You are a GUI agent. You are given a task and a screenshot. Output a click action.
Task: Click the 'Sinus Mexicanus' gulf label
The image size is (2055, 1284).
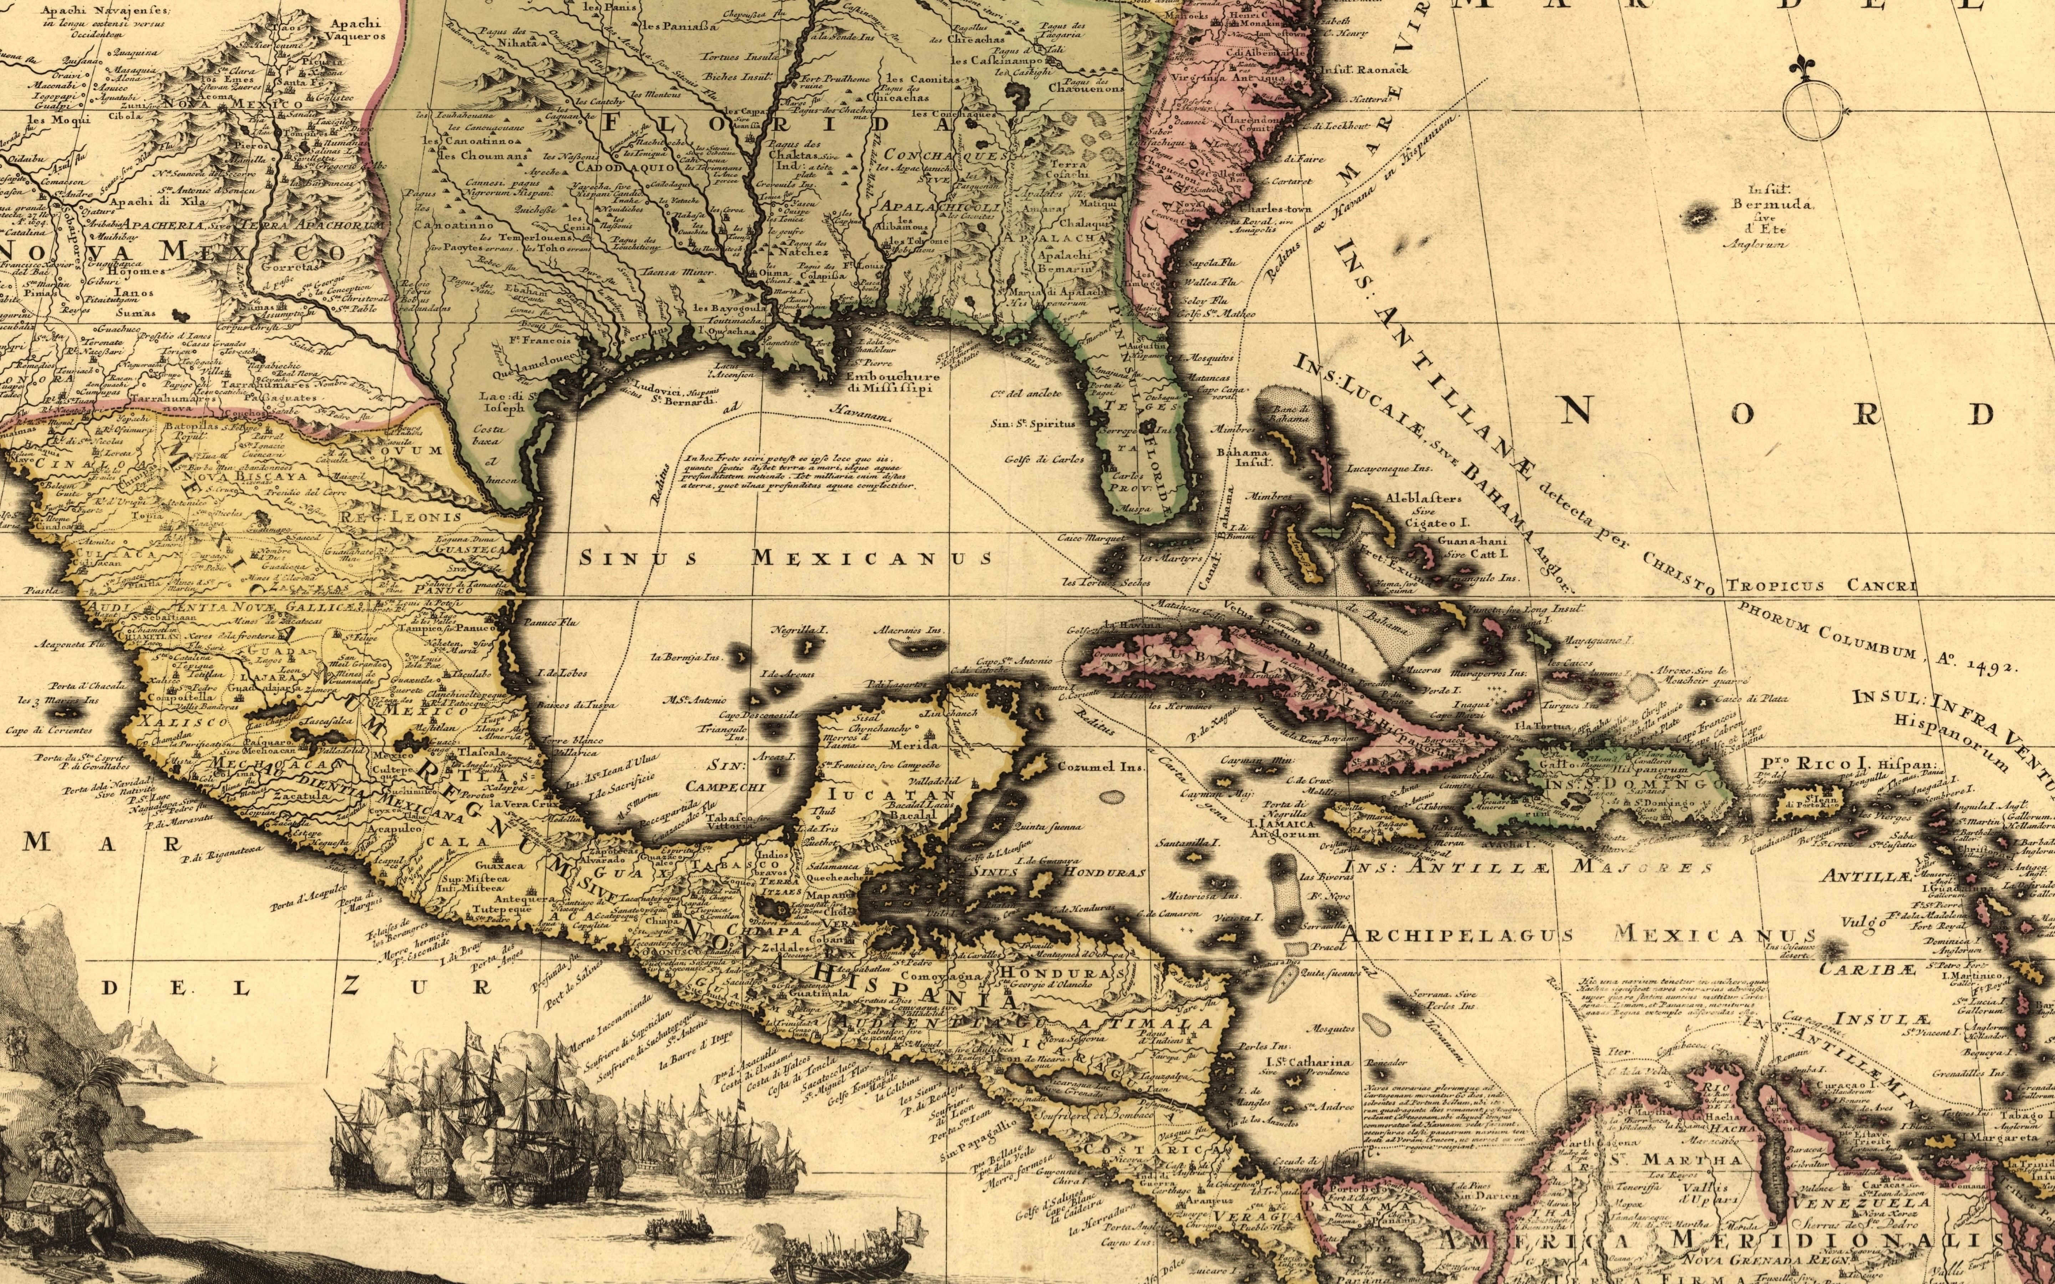tap(786, 558)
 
